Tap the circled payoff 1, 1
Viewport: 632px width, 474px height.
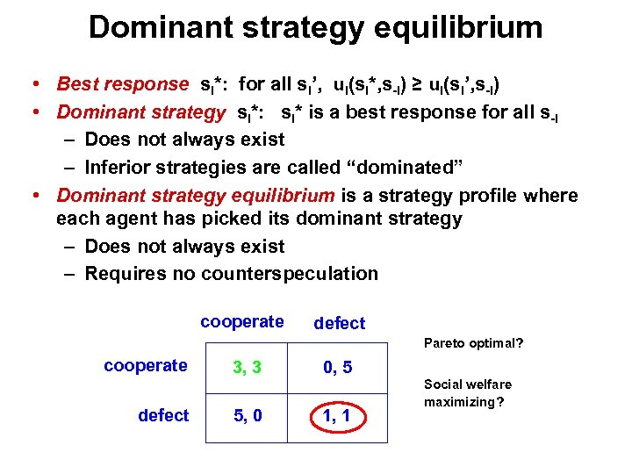click(338, 416)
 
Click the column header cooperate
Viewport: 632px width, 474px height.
click(241, 321)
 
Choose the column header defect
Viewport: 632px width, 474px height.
click(339, 323)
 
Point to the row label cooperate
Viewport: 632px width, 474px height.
click(145, 365)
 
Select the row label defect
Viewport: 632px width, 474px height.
click(163, 415)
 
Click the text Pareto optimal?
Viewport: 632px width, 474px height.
click(473, 343)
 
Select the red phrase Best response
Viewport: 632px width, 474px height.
click(122, 84)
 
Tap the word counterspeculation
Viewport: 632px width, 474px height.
click(290, 273)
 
